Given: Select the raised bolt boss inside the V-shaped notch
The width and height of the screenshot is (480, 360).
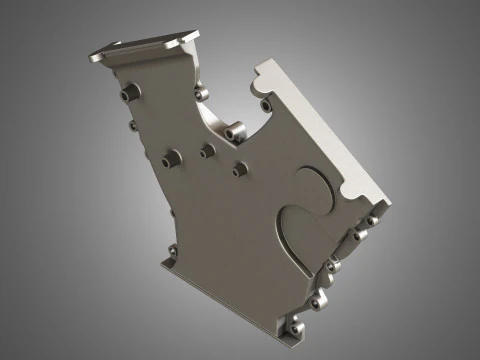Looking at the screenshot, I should point(236,130).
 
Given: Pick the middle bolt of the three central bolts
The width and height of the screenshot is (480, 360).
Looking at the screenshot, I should point(207,151).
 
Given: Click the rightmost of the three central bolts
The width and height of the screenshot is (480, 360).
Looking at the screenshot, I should point(239,167).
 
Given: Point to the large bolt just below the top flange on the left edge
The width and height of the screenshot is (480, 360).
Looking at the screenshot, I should point(127,92).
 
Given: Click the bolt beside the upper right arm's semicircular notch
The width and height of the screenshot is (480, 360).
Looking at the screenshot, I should point(265,102).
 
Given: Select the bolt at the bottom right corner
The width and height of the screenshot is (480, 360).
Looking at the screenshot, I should point(295,326).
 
